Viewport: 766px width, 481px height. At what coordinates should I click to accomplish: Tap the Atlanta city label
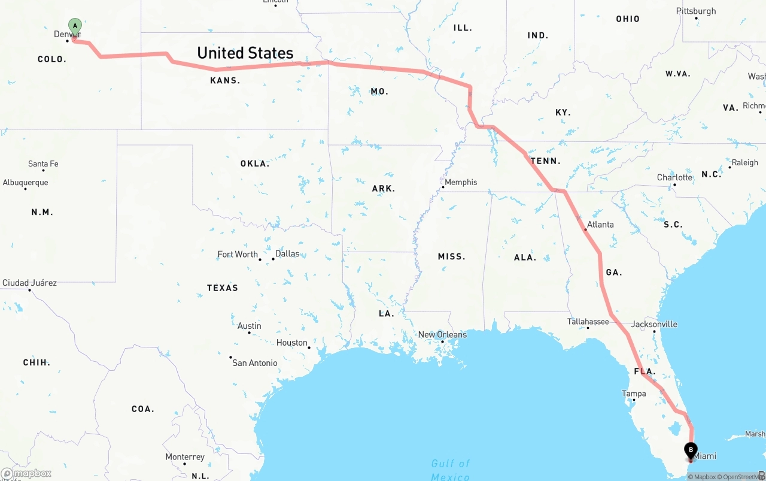coord(600,225)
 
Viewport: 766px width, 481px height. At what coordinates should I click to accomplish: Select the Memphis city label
coord(461,182)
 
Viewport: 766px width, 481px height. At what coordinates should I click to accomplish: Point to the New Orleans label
coord(442,335)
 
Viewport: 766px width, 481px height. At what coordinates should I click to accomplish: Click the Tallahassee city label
coord(588,322)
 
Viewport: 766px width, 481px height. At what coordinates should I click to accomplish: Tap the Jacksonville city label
coord(654,324)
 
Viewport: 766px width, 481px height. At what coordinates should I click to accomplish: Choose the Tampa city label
coord(634,394)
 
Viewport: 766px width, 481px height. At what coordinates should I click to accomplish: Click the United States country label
coord(245,53)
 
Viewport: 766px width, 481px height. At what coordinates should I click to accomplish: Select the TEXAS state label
coord(223,288)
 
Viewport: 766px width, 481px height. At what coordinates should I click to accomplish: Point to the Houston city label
coord(291,343)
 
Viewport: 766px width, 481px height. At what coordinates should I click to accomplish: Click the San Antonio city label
coord(255,363)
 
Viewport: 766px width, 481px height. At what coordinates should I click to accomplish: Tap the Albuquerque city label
coord(25,183)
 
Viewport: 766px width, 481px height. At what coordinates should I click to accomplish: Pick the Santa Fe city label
coord(43,164)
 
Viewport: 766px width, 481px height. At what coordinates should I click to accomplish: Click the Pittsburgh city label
coord(696,11)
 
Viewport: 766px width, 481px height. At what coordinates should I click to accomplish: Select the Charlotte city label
coord(674,177)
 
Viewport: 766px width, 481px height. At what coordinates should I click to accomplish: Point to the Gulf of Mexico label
coord(451,470)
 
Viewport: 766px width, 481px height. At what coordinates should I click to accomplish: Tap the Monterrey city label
coord(185,457)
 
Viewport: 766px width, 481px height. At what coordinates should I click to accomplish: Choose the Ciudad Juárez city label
coord(29,283)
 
